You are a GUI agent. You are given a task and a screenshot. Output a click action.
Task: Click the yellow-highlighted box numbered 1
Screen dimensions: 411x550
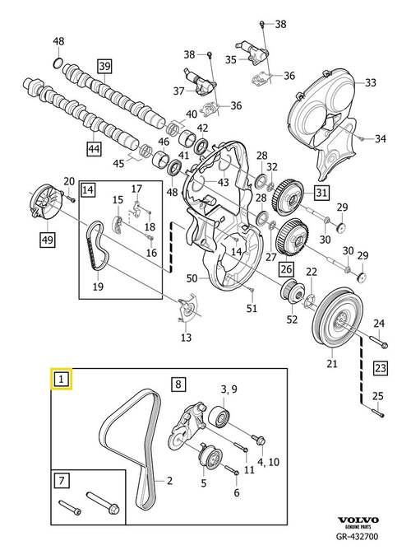[x=62, y=379]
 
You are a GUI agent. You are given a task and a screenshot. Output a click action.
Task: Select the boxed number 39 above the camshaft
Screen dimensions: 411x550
[x=104, y=66]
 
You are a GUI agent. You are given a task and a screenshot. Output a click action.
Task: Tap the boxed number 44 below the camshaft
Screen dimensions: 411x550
[x=94, y=149]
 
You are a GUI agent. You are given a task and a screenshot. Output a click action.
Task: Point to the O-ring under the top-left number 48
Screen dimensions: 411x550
[x=58, y=64]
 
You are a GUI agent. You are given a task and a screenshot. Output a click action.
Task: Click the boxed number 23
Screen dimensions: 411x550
[x=381, y=368]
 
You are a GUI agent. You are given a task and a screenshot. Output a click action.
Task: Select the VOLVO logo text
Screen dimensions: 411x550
[x=358, y=520]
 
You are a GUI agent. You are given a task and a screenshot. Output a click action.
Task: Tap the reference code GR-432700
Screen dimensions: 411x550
[x=357, y=536]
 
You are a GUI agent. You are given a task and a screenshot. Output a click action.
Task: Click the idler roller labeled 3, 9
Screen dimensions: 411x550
[x=219, y=417]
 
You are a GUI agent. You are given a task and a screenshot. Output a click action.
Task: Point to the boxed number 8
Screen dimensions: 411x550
[x=178, y=384]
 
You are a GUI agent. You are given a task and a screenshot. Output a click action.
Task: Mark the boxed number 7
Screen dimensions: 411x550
[x=62, y=480]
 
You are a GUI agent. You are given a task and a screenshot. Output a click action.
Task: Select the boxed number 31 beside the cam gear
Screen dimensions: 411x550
[x=321, y=192]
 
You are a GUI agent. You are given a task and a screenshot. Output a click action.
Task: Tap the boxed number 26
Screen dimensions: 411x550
[x=286, y=268]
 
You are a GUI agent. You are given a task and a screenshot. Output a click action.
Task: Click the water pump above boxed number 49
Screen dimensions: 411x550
[x=45, y=203]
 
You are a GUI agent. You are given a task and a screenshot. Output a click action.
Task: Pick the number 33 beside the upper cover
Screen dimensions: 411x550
[x=371, y=83]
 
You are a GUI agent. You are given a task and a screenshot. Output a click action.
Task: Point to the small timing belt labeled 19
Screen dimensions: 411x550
[x=98, y=245]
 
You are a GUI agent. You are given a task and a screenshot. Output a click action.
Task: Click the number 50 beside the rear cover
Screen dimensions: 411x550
[x=192, y=278]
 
